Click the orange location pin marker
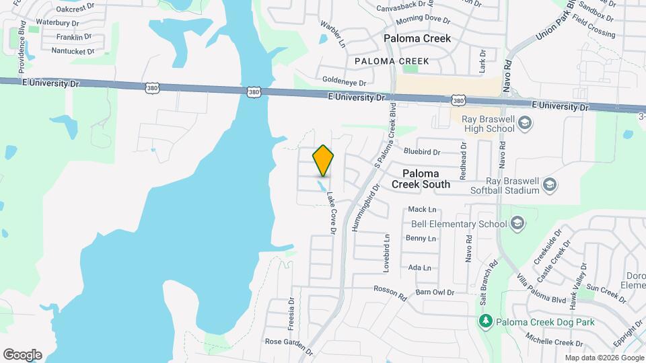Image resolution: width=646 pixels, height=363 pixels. point(324,160)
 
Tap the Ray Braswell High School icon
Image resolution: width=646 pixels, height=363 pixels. point(526,123)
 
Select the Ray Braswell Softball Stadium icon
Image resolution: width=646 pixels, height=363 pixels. point(549,184)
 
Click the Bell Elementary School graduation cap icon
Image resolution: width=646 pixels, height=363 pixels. point(517,223)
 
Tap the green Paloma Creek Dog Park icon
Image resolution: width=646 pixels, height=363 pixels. point(485,321)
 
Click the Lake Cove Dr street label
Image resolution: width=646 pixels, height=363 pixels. point(331,213)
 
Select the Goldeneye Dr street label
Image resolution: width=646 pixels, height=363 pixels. point(344,83)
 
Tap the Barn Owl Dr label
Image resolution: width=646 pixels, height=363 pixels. point(435,292)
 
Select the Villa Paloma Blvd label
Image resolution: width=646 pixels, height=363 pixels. point(542,288)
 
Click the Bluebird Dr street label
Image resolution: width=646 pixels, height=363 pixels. point(422,153)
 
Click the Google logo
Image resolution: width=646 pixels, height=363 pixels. point(22,354)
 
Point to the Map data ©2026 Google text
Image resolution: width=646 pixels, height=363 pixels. point(604,358)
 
